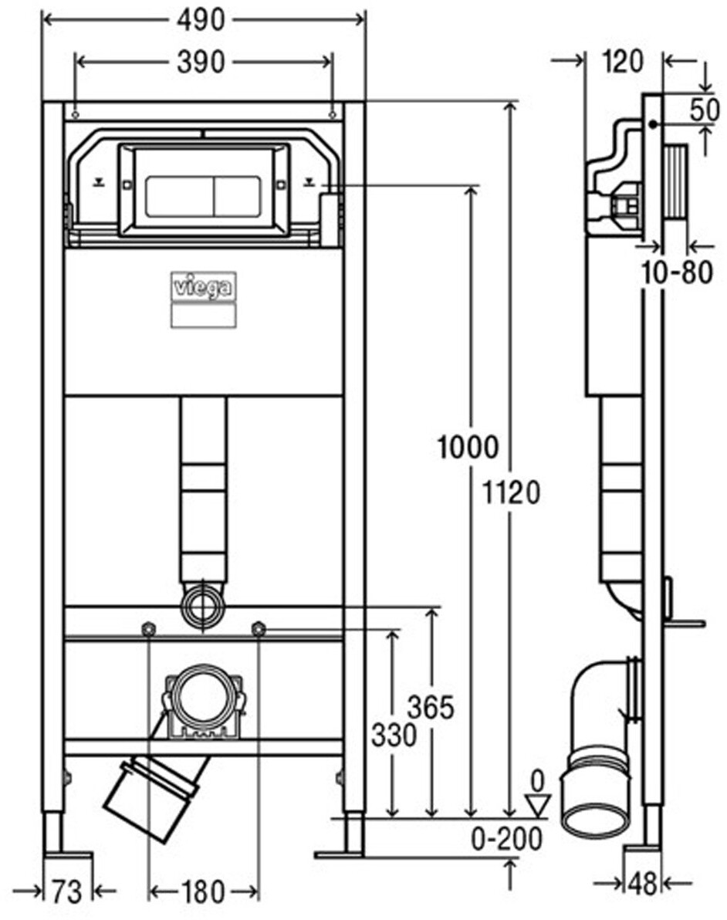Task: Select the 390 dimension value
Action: tap(201, 63)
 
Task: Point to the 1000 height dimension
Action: tap(468, 447)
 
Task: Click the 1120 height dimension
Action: tap(509, 492)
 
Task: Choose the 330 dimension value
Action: tap(393, 736)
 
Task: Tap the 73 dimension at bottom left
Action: tap(67, 892)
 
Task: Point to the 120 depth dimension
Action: tap(624, 61)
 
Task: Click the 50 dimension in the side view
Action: tap(705, 110)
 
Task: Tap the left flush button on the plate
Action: tap(178, 196)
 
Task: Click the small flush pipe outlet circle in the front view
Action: tap(203, 607)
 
